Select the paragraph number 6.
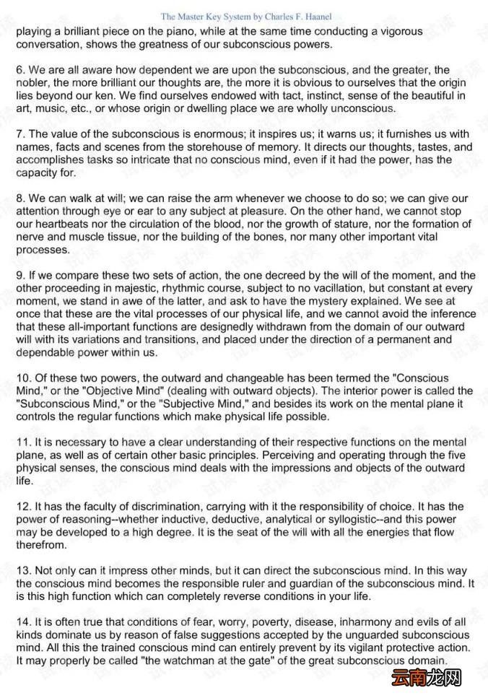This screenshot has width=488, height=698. [x=19, y=70]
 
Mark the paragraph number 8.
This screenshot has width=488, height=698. [x=19, y=199]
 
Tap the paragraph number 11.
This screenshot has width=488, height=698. [x=22, y=442]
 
